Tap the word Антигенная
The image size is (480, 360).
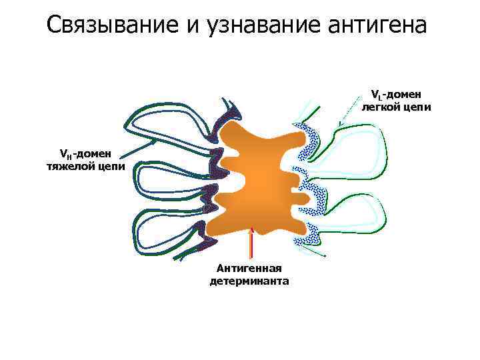[249, 269]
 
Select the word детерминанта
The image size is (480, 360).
[249, 281]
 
